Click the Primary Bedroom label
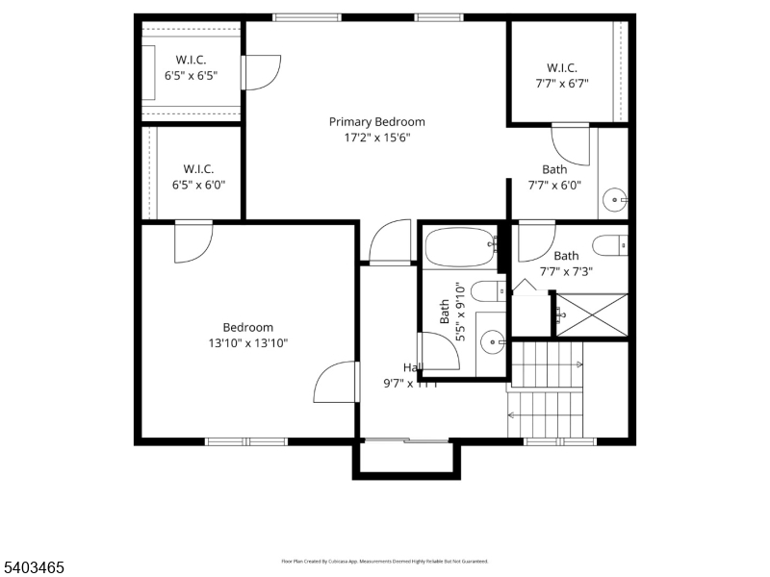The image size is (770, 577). point(376,122)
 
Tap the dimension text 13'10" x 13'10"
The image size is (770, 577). point(247,342)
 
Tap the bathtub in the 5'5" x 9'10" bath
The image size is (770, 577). point(460,246)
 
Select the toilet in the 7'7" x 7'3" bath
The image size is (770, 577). point(609,246)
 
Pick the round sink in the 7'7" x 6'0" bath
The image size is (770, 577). point(614,201)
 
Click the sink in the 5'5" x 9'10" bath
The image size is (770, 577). point(493,339)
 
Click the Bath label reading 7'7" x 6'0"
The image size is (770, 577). point(554,177)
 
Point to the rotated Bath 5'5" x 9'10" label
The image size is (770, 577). point(452,313)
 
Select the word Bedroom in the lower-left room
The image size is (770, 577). point(247,327)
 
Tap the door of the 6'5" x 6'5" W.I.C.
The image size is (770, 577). point(262,73)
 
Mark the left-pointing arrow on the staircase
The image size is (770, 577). point(512,415)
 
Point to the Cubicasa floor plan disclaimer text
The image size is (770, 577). point(384,561)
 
